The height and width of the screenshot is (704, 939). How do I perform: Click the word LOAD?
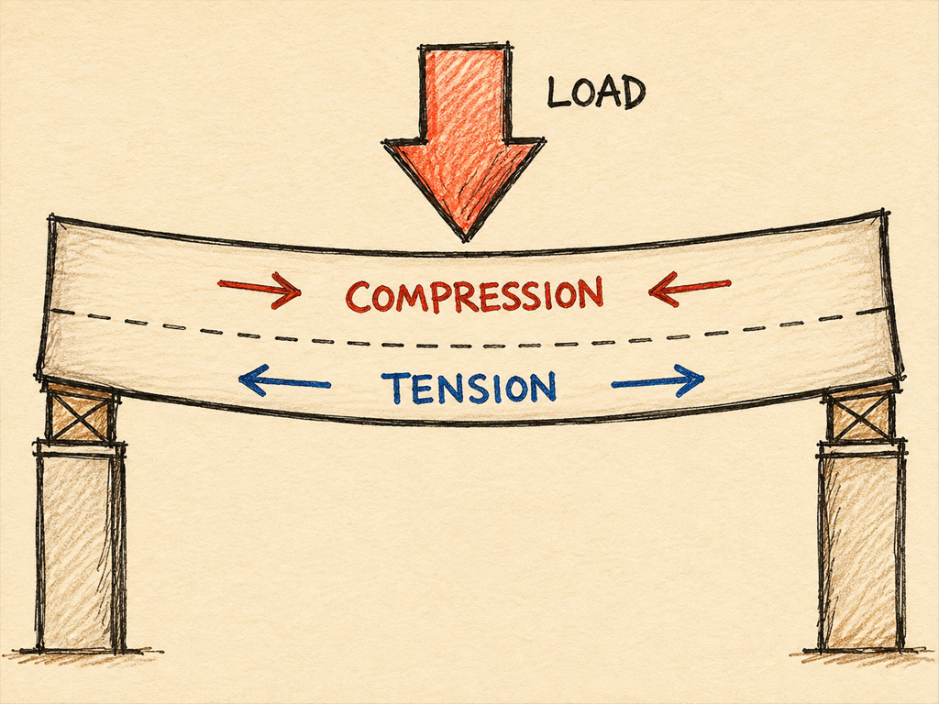[x=596, y=93]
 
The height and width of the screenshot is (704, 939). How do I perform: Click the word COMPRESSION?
[x=474, y=294]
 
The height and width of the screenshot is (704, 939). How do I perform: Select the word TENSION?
[x=469, y=388]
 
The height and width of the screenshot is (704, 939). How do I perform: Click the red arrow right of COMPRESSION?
[x=690, y=289]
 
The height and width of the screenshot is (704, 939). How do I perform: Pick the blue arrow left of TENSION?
[x=284, y=380]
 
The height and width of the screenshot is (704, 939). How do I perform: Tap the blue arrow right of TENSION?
[x=657, y=380]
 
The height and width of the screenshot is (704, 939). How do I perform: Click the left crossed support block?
[x=81, y=413]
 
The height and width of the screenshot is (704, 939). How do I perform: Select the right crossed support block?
[x=860, y=413]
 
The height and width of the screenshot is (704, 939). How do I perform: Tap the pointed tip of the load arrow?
[x=465, y=241]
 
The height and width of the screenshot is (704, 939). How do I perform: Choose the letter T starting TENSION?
[x=392, y=388]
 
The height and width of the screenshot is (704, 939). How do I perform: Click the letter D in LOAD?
[x=632, y=93]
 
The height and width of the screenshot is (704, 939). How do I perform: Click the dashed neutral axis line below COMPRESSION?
[x=467, y=346]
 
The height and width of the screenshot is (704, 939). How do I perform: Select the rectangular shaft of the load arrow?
[x=465, y=93]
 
